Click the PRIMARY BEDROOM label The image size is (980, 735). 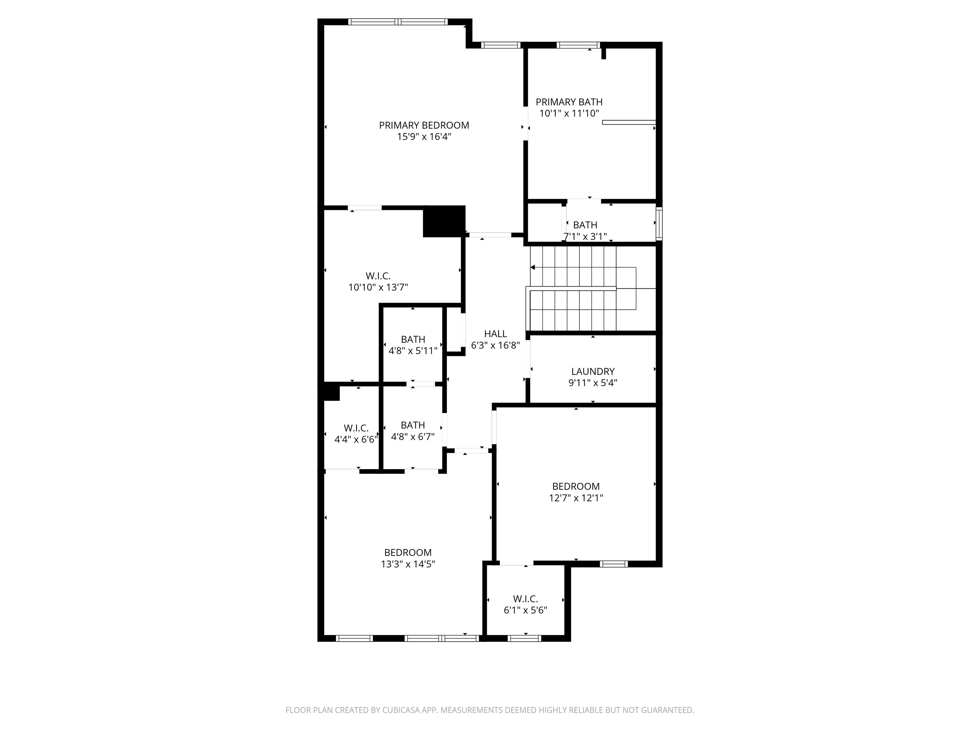[x=424, y=125]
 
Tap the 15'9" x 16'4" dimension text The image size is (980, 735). [x=424, y=136]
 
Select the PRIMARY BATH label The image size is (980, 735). [x=569, y=102]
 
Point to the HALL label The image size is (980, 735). [x=495, y=334]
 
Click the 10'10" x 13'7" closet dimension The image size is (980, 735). [x=378, y=287]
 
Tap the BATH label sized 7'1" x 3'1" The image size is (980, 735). [x=585, y=225]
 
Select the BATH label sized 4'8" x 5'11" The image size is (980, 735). [x=413, y=340]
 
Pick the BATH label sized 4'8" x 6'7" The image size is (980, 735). [x=413, y=425]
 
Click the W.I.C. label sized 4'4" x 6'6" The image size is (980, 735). [x=356, y=428]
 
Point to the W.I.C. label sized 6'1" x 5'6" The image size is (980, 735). [x=526, y=599]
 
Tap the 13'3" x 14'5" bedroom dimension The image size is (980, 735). [x=408, y=564]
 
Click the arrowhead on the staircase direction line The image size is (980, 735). [x=533, y=268]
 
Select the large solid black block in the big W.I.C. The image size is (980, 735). [x=444, y=222]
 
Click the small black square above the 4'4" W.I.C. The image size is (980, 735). [x=331, y=393]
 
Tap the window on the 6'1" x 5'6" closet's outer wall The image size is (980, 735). [x=525, y=638]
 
